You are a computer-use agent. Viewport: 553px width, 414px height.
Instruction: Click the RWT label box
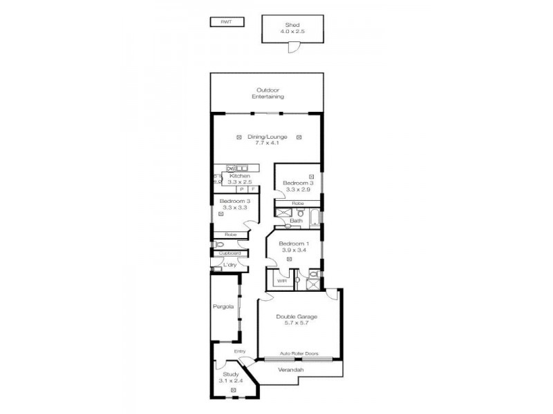click(225, 22)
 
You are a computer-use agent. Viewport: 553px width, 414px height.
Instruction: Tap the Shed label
click(291, 24)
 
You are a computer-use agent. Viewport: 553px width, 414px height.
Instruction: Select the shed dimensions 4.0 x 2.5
click(291, 31)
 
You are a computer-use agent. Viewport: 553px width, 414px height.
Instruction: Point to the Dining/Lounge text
click(267, 137)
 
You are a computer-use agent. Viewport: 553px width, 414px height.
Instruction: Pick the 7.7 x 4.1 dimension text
click(267, 143)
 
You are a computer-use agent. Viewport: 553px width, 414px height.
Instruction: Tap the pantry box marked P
click(241, 189)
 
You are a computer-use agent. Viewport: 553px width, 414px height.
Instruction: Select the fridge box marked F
click(253, 189)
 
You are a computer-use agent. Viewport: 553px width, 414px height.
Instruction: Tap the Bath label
click(296, 221)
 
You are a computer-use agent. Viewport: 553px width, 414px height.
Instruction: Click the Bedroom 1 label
click(294, 244)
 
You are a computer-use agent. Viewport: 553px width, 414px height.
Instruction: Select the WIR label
click(281, 282)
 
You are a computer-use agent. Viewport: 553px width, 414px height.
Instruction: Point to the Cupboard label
click(229, 253)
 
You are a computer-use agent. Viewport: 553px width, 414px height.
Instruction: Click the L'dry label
click(229, 264)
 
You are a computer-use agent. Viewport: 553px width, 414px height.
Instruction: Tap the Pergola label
click(223, 306)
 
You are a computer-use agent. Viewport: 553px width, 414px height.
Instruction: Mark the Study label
click(230, 374)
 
